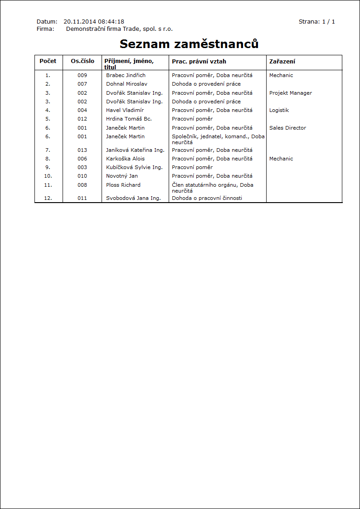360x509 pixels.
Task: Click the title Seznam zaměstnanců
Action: click(x=189, y=44)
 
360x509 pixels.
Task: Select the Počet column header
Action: click(x=48, y=61)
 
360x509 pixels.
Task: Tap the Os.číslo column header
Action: click(x=83, y=61)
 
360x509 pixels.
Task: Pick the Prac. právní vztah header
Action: click(x=199, y=62)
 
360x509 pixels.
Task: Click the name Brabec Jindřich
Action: click(x=126, y=75)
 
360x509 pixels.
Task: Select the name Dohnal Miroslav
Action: click(x=126, y=84)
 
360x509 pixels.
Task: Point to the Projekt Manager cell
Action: click(x=290, y=93)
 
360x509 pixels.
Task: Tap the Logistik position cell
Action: click(x=279, y=110)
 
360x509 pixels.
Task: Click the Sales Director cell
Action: click(x=287, y=128)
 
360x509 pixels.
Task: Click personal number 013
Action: click(x=82, y=150)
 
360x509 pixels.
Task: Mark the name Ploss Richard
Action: click(x=123, y=185)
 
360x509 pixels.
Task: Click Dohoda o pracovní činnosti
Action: click(x=207, y=198)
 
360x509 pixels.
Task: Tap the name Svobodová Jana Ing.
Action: click(x=133, y=198)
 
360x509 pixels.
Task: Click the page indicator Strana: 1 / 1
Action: click(x=316, y=21)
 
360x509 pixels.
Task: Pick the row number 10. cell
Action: click(x=48, y=176)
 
